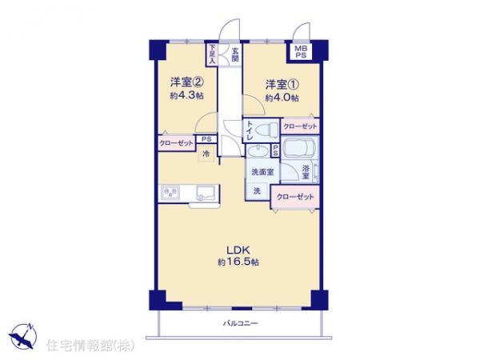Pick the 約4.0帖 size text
(x=282, y=98)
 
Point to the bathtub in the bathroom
(x=298, y=149)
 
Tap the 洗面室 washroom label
(x=262, y=171)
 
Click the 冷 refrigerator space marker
(x=206, y=153)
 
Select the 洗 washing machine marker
(x=257, y=190)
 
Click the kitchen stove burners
(x=171, y=192)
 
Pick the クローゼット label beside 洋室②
(x=175, y=142)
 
